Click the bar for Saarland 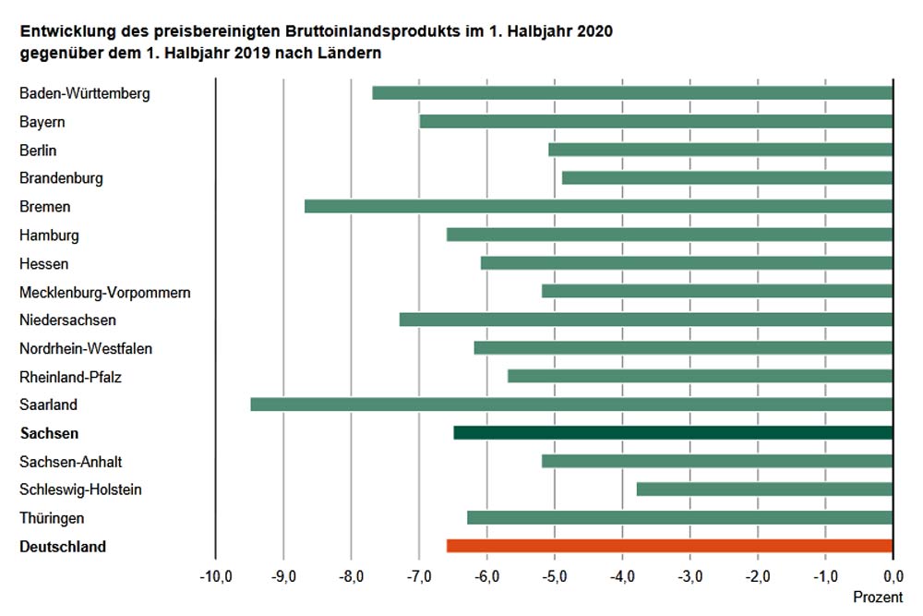(x=571, y=405)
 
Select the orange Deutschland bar (x=669, y=546)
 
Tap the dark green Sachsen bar (x=673, y=432)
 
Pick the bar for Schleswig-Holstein (x=764, y=489)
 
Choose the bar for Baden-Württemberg (x=632, y=92)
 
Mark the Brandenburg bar (x=727, y=177)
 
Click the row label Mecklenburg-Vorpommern (x=105, y=292)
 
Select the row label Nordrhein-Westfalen (x=86, y=348)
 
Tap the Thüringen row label (x=52, y=518)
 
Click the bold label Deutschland (x=63, y=547)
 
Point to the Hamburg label (x=49, y=236)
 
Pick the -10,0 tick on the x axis (x=215, y=577)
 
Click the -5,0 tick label (x=555, y=577)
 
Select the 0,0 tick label (x=893, y=577)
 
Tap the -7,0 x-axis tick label (x=419, y=577)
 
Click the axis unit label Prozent (x=878, y=598)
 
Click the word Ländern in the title (x=352, y=54)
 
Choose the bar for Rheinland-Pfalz (x=700, y=376)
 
